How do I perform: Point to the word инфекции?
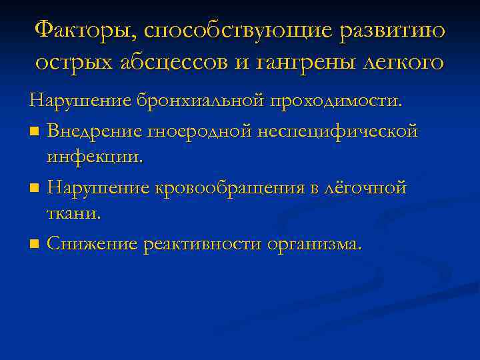(x=95, y=158)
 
